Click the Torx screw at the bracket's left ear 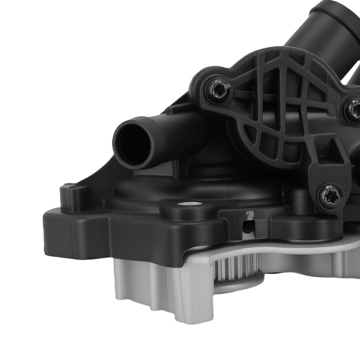pyautogui.click(x=218, y=87)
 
